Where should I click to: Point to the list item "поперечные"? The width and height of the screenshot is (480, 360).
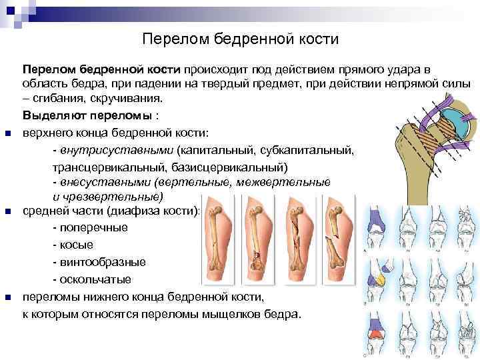pyautogui.click(x=93, y=228)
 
